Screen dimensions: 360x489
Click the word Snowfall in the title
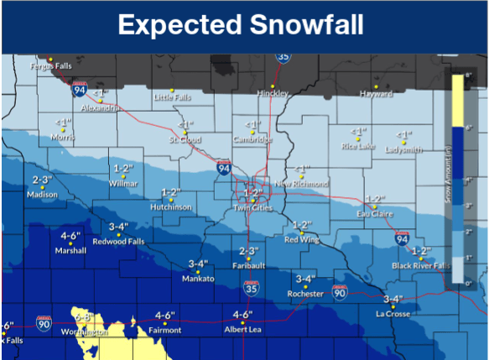(x=307, y=25)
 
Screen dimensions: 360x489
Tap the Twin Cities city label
(x=252, y=207)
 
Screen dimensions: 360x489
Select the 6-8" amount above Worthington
(x=84, y=318)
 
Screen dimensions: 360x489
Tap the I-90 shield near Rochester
(x=340, y=292)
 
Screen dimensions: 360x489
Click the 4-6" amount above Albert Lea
(x=242, y=316)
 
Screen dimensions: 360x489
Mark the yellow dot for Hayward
(x=376, y=86)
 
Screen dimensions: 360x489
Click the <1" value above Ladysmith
(x=404, y=133)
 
